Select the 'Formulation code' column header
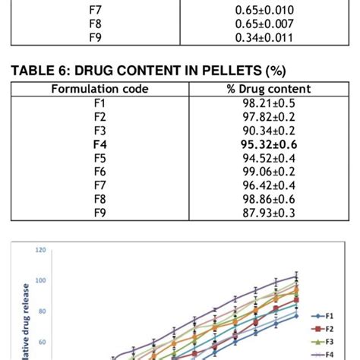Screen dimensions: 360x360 (x=99, y=90)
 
